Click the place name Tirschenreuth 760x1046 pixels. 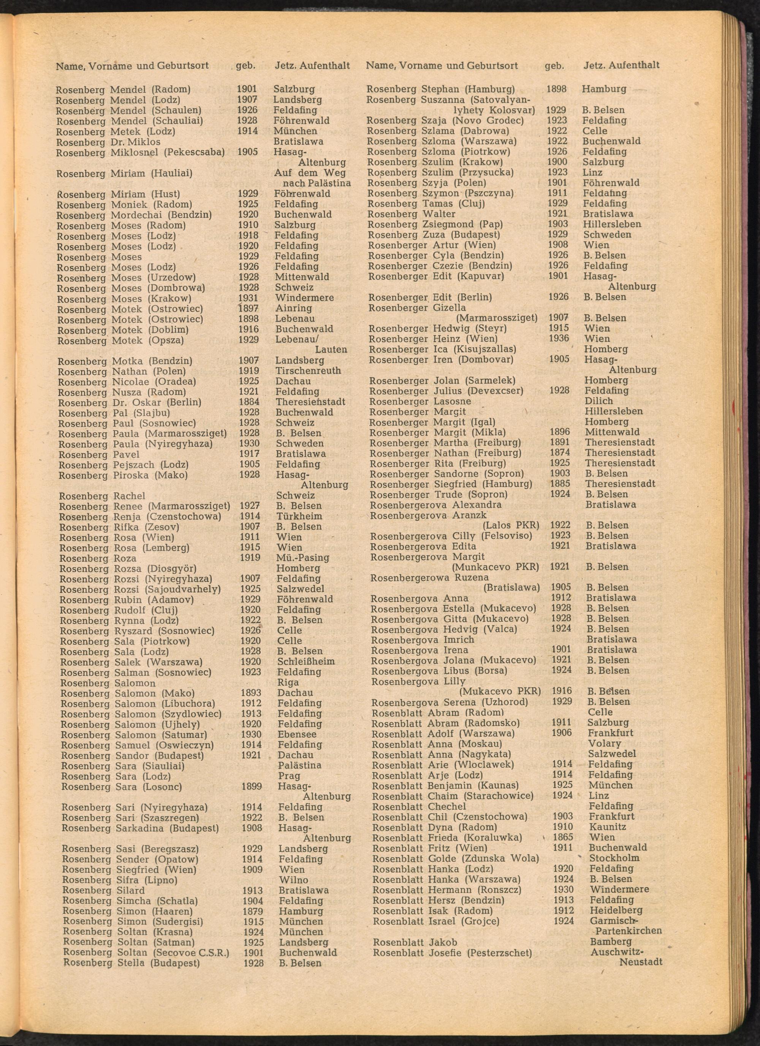pyautogui.click(x=308, y=371)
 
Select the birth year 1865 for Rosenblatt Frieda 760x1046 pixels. pyautogui.click(x=563, y=837)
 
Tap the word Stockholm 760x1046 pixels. pyautogui.click(x=614, y=858)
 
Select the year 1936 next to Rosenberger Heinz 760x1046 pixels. pyautogui.click(x=559, y=339)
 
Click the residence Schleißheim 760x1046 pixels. pyautogui.click(x=306, y=661)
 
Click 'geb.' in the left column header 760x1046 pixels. pyautogui.click(x=245, y=66)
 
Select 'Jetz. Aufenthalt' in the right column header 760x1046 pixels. pyautogui.click(x=621, y=65)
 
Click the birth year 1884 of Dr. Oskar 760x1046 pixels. pyautogui.click(x=249, y=402)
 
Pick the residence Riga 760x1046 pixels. pyautogui.click(x=288, y=682)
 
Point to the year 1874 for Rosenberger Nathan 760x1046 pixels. pyautogui.click(x=560, y=453)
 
